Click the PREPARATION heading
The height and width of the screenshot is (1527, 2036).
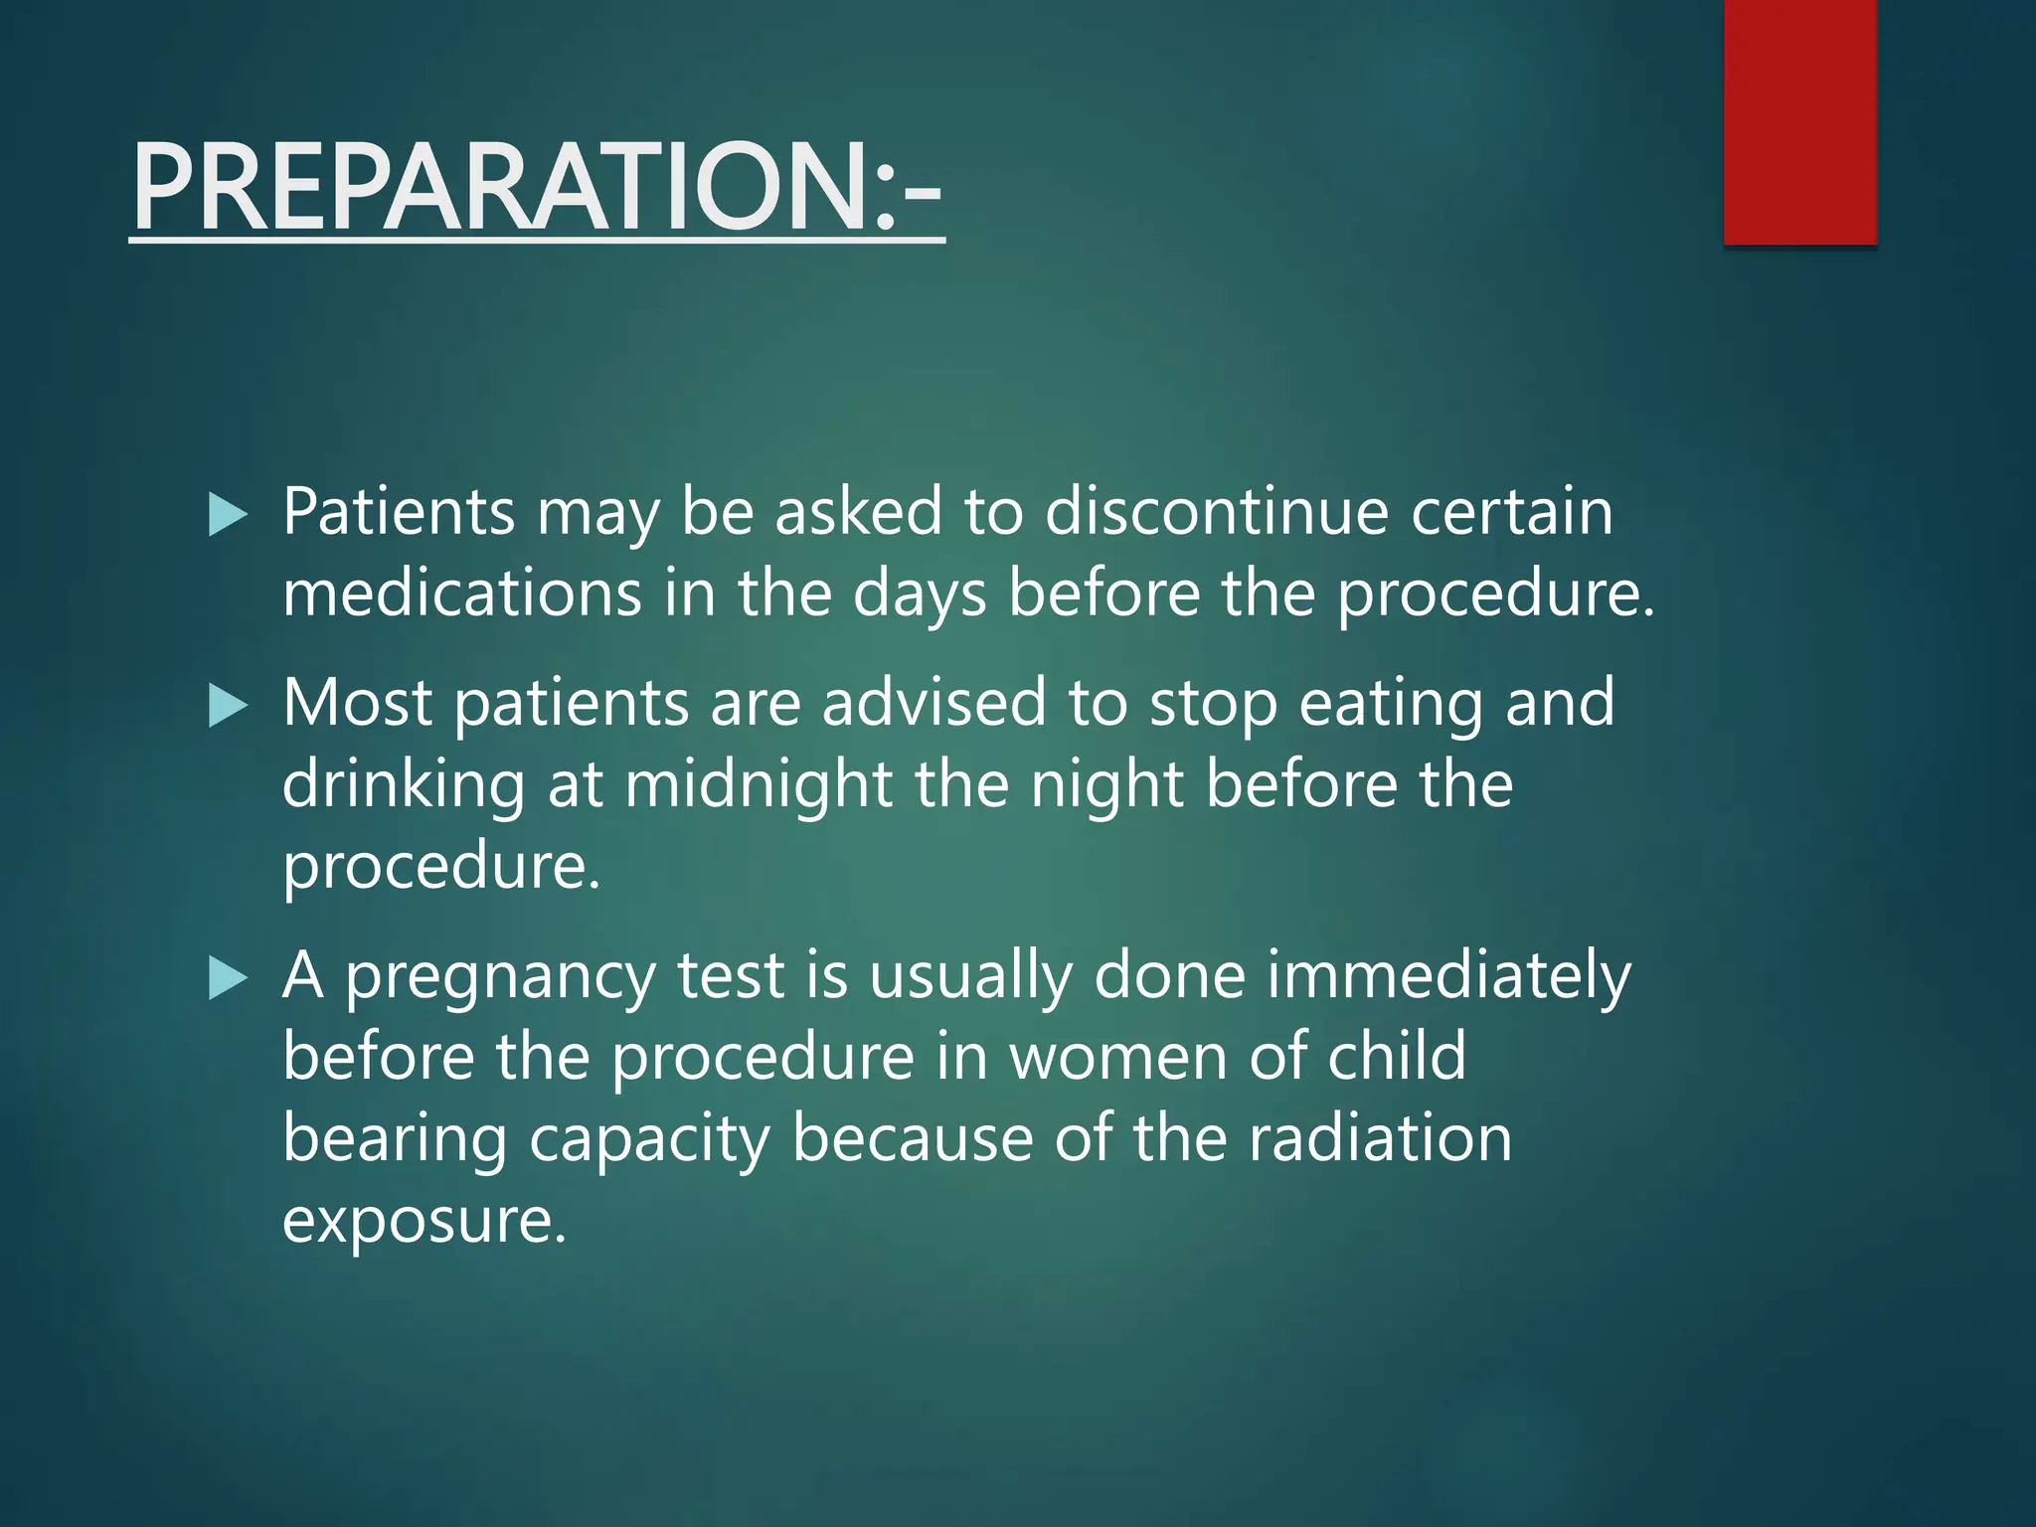click(537, 187)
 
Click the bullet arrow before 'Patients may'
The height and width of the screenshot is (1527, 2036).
click(228, 516)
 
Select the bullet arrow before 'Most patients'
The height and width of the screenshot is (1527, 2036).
click(228, 707)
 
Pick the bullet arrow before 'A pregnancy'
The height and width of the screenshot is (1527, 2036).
click(228, 979)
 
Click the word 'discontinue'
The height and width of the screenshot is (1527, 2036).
click(1216, 512)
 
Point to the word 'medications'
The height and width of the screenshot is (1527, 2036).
click(462, 594)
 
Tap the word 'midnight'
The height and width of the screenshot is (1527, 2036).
click(759, 784)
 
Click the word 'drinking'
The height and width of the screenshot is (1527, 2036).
click(404, 784)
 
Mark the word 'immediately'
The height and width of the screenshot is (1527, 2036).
click(1448, 975)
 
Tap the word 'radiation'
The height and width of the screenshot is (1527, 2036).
click(1380, 1138)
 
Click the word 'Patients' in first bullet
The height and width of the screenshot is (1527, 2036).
click(399, 512)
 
